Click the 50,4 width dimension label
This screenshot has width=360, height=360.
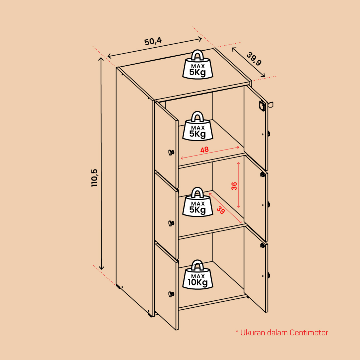pyautogui.click(x=153, y=41)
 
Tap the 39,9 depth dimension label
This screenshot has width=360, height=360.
pyautogui.click(x=254, y=59)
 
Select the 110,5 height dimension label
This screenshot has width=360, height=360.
pyautogui.click(x=94, y=178)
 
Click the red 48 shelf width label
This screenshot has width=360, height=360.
pyautogui.click(x=204, y=150)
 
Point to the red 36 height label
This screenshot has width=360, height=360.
pyautogui.click(x=234, y=186)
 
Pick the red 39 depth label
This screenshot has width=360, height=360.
pyautogui.click(x=221, y=210)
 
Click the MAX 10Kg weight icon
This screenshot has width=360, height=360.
pyautogui.click(x=198, y=275)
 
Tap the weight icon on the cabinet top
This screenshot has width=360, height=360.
pyautogui.click(x=198, y=65)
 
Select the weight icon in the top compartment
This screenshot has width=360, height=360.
pyautogui.click(x=198, y=126)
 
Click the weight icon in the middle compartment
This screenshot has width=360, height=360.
pyautogui.click(x=198, y=202)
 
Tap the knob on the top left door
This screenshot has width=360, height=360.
pyautogui.click(x=171, y=152)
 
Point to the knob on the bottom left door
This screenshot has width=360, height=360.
pyautogui.click(x=171, y=294)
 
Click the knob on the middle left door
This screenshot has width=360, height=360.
pyautogui.click(x=171, y=223)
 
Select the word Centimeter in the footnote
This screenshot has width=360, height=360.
pyautogui.click(x=309, y=333)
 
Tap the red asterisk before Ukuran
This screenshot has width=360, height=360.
pyautogui.click(x=237, y=332)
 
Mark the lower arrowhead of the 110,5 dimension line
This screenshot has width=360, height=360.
pyautogui.click(x=101, y=268)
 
